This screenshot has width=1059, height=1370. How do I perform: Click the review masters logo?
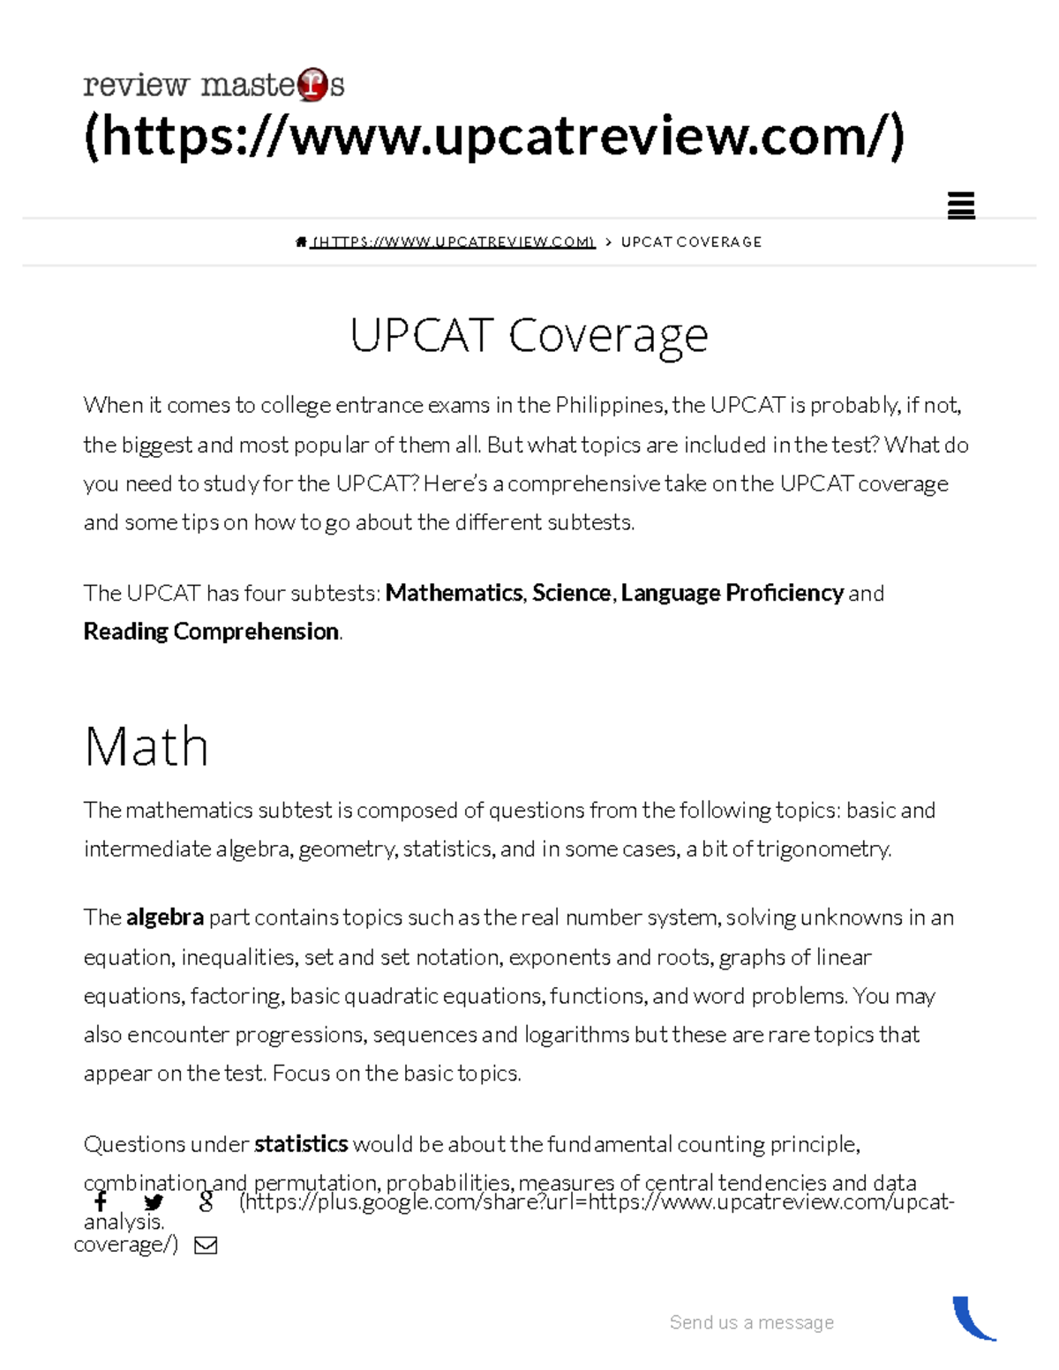214,85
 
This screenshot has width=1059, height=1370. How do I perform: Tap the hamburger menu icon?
960,206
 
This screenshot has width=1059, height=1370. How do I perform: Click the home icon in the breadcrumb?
301,242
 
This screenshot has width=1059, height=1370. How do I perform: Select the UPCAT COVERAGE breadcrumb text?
691,242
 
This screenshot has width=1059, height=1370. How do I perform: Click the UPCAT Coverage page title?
529,335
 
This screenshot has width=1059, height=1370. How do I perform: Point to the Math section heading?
146,746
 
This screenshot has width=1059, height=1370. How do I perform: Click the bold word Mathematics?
454,593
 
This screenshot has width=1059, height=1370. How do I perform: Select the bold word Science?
571,593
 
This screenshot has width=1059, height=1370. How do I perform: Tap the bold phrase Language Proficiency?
732,593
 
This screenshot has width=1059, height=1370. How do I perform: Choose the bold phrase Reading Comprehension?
211,632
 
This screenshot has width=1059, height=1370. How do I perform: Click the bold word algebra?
165,917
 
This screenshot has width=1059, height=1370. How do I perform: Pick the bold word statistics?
301,1144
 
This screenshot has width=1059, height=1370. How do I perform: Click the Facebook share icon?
101,1202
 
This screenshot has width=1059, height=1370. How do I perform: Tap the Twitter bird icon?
154,1202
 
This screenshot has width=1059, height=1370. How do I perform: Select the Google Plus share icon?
206,1202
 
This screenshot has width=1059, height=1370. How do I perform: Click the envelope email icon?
206,1245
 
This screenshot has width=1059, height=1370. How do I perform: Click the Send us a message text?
751,1322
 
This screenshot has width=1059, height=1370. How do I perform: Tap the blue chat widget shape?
973,1319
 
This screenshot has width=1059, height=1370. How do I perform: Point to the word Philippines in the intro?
610,406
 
